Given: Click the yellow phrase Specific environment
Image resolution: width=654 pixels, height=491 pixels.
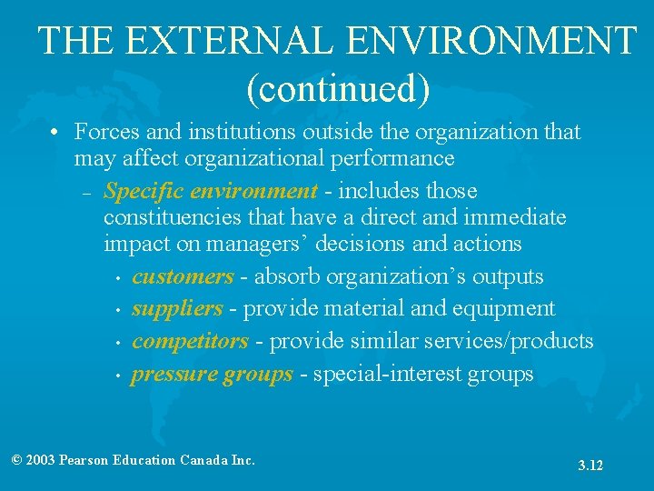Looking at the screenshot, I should [211, 191].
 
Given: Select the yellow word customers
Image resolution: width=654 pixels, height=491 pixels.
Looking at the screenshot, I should [183, 276].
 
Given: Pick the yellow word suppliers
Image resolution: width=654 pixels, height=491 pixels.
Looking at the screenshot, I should [177, 308].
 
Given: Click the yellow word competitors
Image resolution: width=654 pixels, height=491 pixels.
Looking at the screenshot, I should [190, 341].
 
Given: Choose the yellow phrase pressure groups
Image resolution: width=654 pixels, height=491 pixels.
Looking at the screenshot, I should [213, 374].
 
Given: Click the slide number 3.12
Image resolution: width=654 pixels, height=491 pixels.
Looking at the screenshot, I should [590, 466].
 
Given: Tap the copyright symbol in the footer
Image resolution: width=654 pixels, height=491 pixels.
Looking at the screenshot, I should [16, 460].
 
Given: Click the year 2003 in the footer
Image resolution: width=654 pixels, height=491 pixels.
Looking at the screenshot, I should [40, 460].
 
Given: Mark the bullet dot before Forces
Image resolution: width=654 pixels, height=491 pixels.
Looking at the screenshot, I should [56, 133].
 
